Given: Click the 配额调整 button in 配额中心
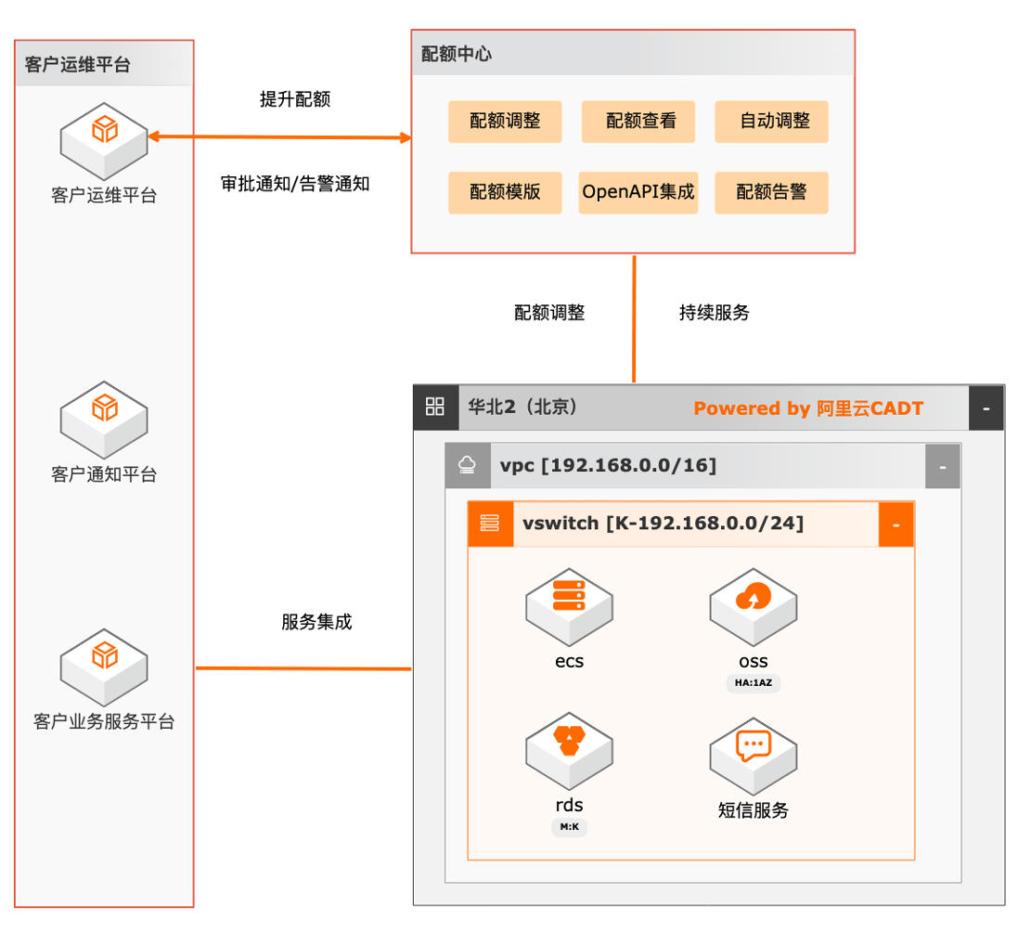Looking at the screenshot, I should point(505,122).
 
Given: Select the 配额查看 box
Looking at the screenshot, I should point(638,122).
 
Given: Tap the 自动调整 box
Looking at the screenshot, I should point(771,122).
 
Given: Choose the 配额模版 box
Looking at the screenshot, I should point(505,193).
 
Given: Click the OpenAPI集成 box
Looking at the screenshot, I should point(638,193).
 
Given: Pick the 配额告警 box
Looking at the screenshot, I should point(771,193).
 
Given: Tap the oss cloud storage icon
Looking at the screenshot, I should point(754,596).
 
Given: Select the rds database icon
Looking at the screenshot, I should point(569,741).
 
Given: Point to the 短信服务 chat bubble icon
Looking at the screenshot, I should point(754,745).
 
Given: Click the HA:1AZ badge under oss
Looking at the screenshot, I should point(754,683).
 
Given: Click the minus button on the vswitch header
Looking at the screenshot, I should point(896,525).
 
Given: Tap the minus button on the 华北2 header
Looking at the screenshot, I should point(986,408).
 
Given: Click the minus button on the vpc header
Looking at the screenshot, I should point(943,467).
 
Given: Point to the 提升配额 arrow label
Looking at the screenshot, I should point(295,100).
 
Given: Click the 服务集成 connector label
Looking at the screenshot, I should point(316,622).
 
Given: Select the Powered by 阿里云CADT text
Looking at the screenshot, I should point(808,408).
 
